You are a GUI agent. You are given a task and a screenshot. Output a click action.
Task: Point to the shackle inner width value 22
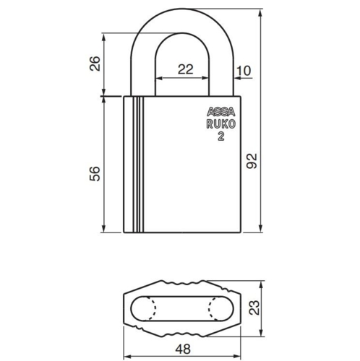point(186,69)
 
